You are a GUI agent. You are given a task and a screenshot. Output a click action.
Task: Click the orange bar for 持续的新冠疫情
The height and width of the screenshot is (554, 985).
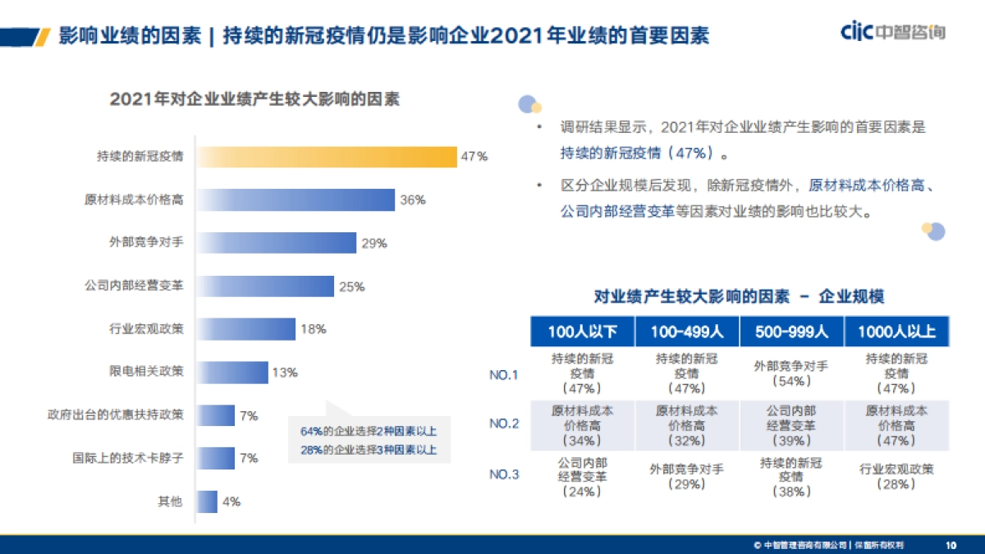pos(326,157)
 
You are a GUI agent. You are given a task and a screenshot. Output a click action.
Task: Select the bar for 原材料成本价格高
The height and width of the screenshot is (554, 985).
pos(295,200)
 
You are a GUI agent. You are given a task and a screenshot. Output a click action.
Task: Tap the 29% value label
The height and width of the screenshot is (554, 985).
pos(373,244)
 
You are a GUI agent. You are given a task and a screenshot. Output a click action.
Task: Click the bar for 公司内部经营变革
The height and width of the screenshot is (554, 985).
pos(265,286)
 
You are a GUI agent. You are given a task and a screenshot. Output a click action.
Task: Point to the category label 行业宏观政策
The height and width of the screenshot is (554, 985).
pos(146,329)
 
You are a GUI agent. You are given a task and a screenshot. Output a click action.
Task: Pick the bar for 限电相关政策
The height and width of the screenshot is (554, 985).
pos(232,373)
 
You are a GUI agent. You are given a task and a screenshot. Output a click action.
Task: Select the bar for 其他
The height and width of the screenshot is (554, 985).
pos(207,501)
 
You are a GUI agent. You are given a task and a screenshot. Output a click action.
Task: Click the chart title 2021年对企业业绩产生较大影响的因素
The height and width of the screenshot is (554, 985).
pos(254,99)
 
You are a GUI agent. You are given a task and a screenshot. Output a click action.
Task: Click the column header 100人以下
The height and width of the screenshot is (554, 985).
pos(582,332)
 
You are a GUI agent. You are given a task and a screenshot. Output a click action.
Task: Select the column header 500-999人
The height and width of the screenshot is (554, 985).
pos(791,332)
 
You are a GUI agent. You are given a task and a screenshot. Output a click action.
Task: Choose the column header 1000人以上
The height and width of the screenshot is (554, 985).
pos(896,332)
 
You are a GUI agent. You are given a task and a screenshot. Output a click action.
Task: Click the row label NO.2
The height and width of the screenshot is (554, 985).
pos(504,424)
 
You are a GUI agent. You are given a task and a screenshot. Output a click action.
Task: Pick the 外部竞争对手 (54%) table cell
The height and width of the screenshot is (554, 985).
pos(791,373)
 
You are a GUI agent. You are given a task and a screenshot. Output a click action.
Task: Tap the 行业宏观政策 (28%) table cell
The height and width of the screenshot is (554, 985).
pos(896,477)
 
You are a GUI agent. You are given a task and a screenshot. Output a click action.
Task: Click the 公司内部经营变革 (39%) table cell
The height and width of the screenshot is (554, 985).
pos(791,425)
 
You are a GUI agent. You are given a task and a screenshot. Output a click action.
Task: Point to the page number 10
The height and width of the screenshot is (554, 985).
pos(951,544)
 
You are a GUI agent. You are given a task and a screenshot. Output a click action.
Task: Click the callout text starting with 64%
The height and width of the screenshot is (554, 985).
pos(369,431)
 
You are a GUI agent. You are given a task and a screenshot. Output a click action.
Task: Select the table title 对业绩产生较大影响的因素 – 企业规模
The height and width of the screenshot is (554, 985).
pos(739,296)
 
